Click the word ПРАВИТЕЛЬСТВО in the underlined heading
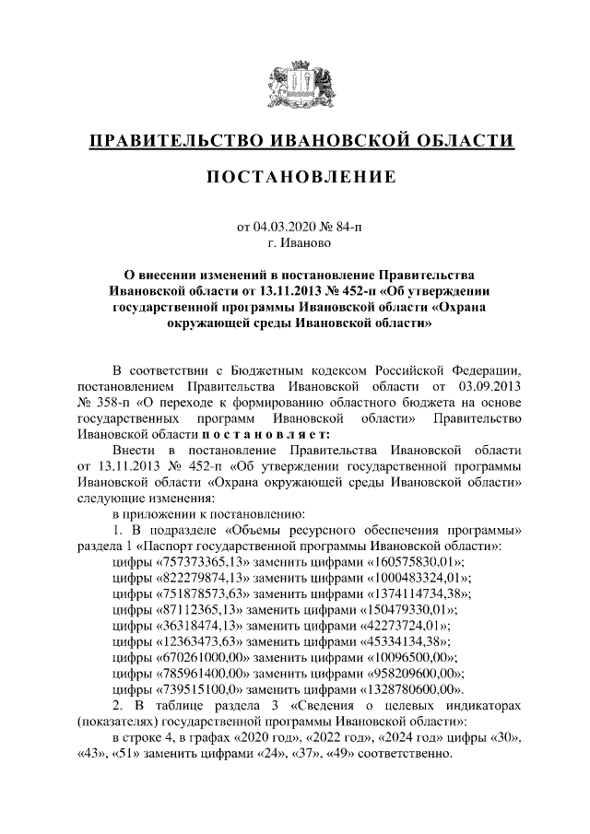(x=172, y=140)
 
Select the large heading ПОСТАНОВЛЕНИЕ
(x=295, y=176)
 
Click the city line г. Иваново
(x=294, y=243)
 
